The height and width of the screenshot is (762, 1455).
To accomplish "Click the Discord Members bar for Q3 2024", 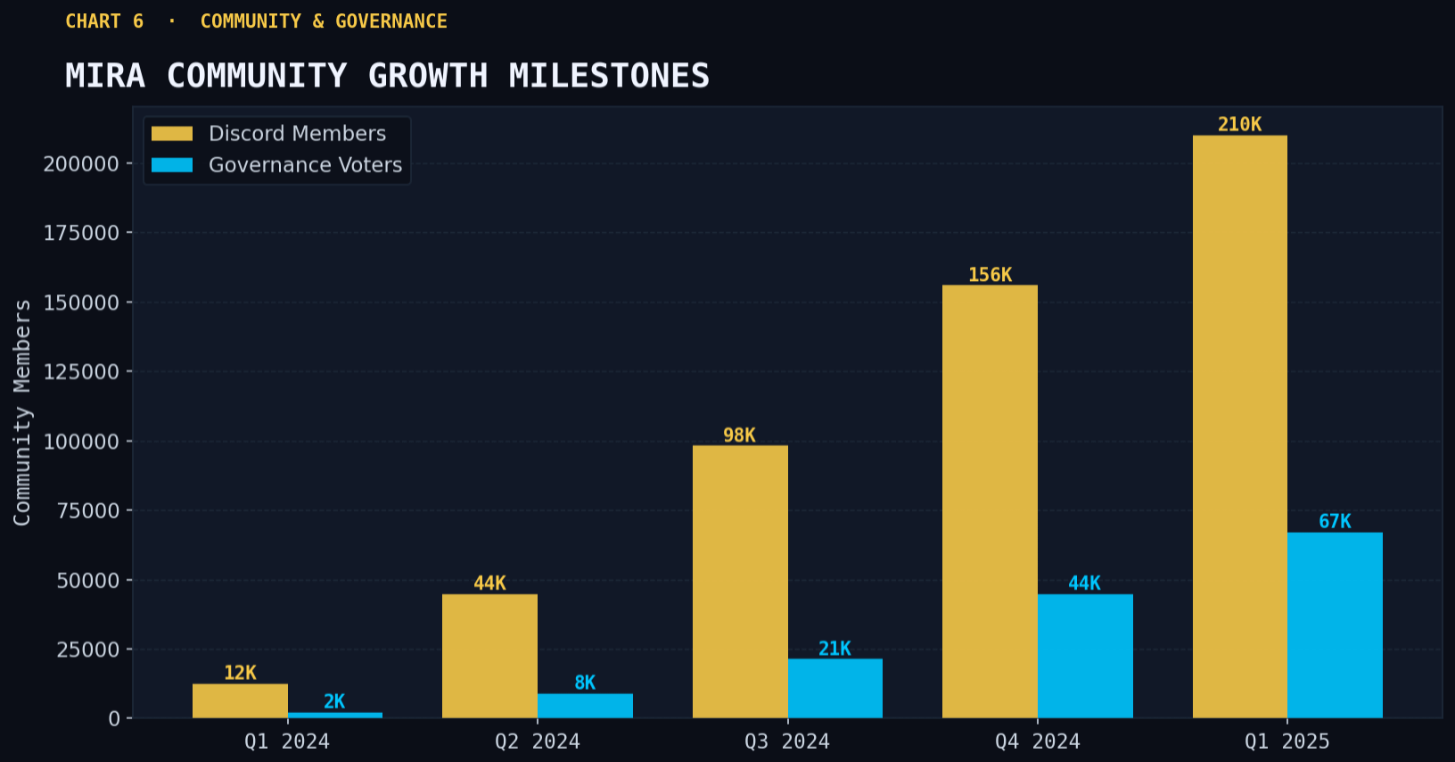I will click(x=740, y=581).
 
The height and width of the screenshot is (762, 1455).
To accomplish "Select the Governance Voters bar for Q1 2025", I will click(x=1335, y=625).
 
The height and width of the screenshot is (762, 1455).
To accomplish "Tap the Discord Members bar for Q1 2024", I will click(x=240, y=700).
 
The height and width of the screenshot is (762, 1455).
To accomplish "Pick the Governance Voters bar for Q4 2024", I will click(x=1085, y=656).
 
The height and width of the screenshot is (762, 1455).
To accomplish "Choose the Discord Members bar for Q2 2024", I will click(x=489, y=656).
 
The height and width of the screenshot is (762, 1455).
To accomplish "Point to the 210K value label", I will click(x=1239, y=125).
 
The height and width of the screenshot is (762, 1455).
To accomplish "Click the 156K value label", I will click(x=990, y=275).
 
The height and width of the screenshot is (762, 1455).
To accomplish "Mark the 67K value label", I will click(x=1335, y=521).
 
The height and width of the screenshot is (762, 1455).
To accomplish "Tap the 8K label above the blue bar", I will click(x=585, y=683).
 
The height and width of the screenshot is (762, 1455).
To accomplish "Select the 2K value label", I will click(x=334, y=701).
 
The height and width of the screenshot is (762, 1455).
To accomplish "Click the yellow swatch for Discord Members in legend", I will click(x=172, y=134).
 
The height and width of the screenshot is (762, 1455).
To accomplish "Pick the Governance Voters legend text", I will click(x=305, y=165).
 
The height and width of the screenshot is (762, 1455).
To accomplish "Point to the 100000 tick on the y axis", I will click(x=81, y=442).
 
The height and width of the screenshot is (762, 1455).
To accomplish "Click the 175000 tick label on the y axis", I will click(x=81, y=233).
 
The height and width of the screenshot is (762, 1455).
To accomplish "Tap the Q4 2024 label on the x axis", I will click(x=1037, y=741).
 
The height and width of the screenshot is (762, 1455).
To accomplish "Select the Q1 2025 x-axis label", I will click(x=1286, y=741).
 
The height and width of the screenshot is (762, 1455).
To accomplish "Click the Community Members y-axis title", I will click(x=22, y=412).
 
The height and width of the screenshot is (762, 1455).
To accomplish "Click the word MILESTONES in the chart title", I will click(x=609, y=76).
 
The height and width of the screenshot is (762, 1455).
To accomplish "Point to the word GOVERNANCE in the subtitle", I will click(x=391, y=21).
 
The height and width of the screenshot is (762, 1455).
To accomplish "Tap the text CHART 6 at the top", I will click(x=104, y=21).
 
